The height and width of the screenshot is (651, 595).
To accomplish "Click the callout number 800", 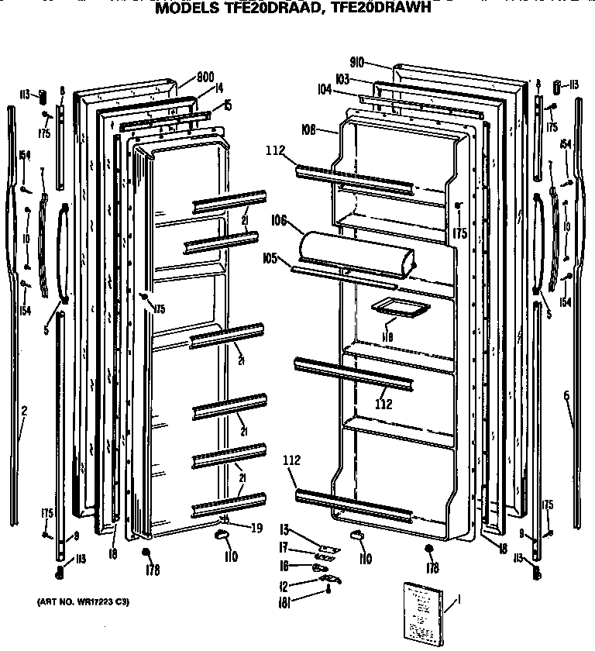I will pyautogui.click(x=205, y=77).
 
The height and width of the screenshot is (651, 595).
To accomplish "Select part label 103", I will pyautogui.click(x=342, y=79).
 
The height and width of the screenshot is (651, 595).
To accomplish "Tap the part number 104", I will pyautogui.click(x=324, y=91).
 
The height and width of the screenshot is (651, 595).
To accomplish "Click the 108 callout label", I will pyautogui.click(x=308, y=130).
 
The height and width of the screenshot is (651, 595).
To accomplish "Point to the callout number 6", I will pyautogui.click(x=566, y=396).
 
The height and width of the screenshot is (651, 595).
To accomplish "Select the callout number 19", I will pyautogui.click(x=256, y=528).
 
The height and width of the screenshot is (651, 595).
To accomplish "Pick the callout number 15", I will pyautogui.click(x=228, y=104).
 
